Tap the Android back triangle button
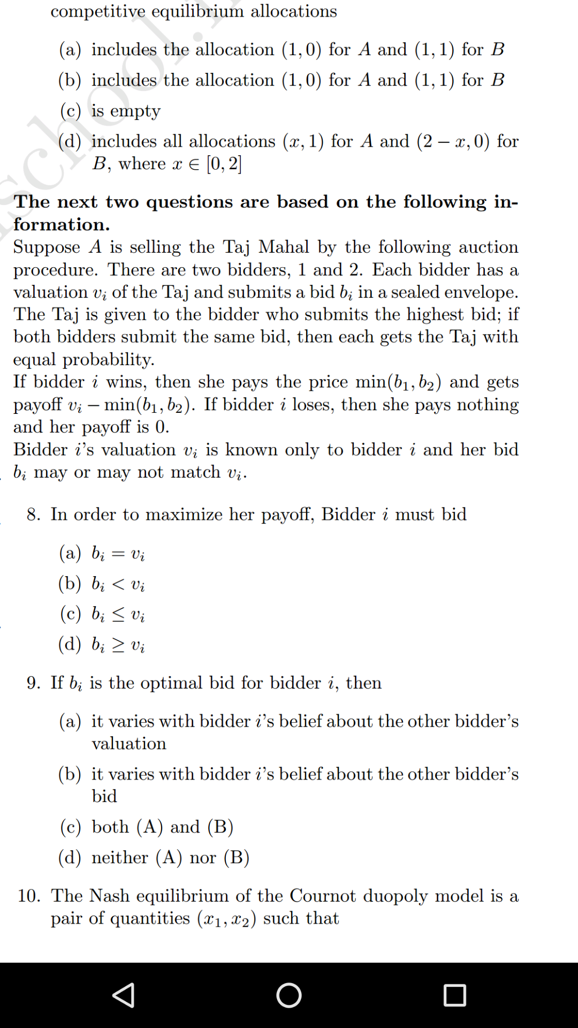point(124,995)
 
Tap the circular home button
point(289,995)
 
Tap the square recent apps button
point(454,995)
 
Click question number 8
point(33,515)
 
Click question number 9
point(33,683)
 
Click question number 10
point(29,896)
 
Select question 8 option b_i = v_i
point(118,553)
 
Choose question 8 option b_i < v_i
point(118,584)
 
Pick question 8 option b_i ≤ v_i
point(118,614)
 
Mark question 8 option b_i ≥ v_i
point(118,645)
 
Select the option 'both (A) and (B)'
point(162,827)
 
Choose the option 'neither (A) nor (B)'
point(170,858)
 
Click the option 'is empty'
point(126,111)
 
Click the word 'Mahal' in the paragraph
point(284,247)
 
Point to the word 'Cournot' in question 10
point(323,896)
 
